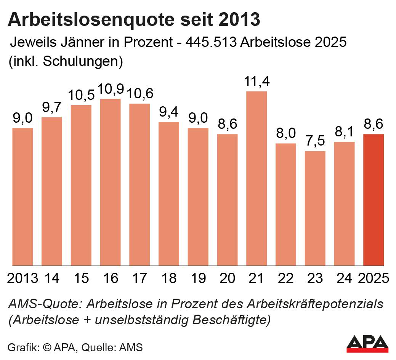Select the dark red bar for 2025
point(373,200)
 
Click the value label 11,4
point(257,82)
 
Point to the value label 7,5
point(315,141)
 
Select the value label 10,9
point(110,89)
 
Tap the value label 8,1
point(344,132)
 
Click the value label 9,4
point(169,112)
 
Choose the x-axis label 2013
point(22,278)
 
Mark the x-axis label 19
point(198,278)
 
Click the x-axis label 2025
point(374,278)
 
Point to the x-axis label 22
point(285,278)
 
